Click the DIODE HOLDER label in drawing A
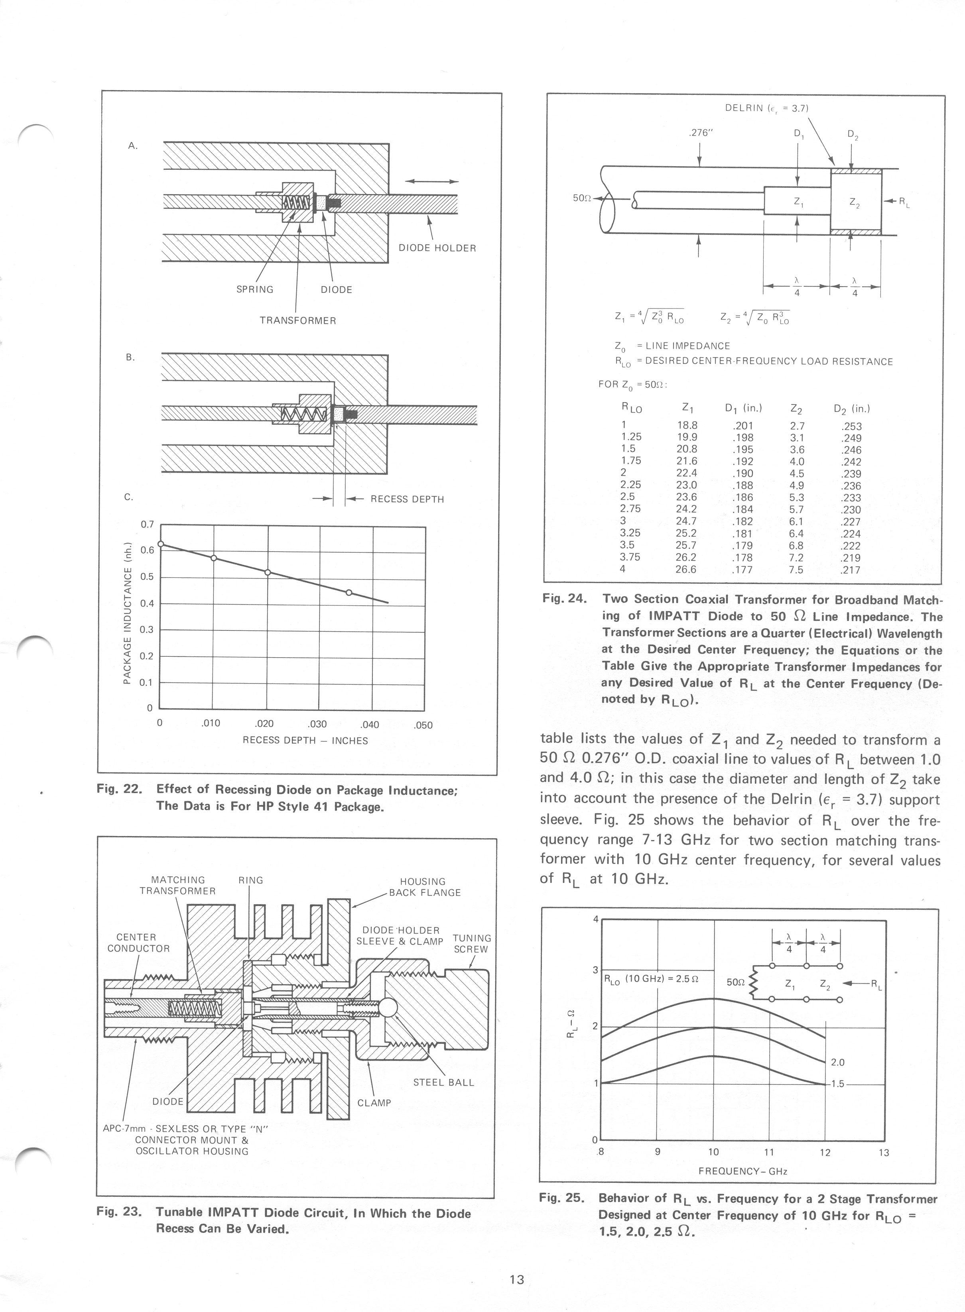pyautogui.click(x=437, y=248)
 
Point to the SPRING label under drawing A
pyautogui.click(x=255, y=290)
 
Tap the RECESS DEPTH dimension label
pyautogui.click(x=407, y=499)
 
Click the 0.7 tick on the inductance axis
pyautogui.click(x=147, y=524)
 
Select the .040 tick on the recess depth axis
pyautogui.click(x=370, y=725)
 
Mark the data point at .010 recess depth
pyautogui.click(x=214, y=558)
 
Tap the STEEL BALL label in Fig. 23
pyautogui.click(x=443, y=1082)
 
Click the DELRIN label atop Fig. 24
pyautogui.click(x=766, y=108)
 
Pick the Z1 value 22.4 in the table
pyautogui.click(x=686, y=473)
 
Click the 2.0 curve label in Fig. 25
pyautogui.click(x=837, y=1062)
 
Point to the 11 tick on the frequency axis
pyautogui.click(x=769, y=1152)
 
